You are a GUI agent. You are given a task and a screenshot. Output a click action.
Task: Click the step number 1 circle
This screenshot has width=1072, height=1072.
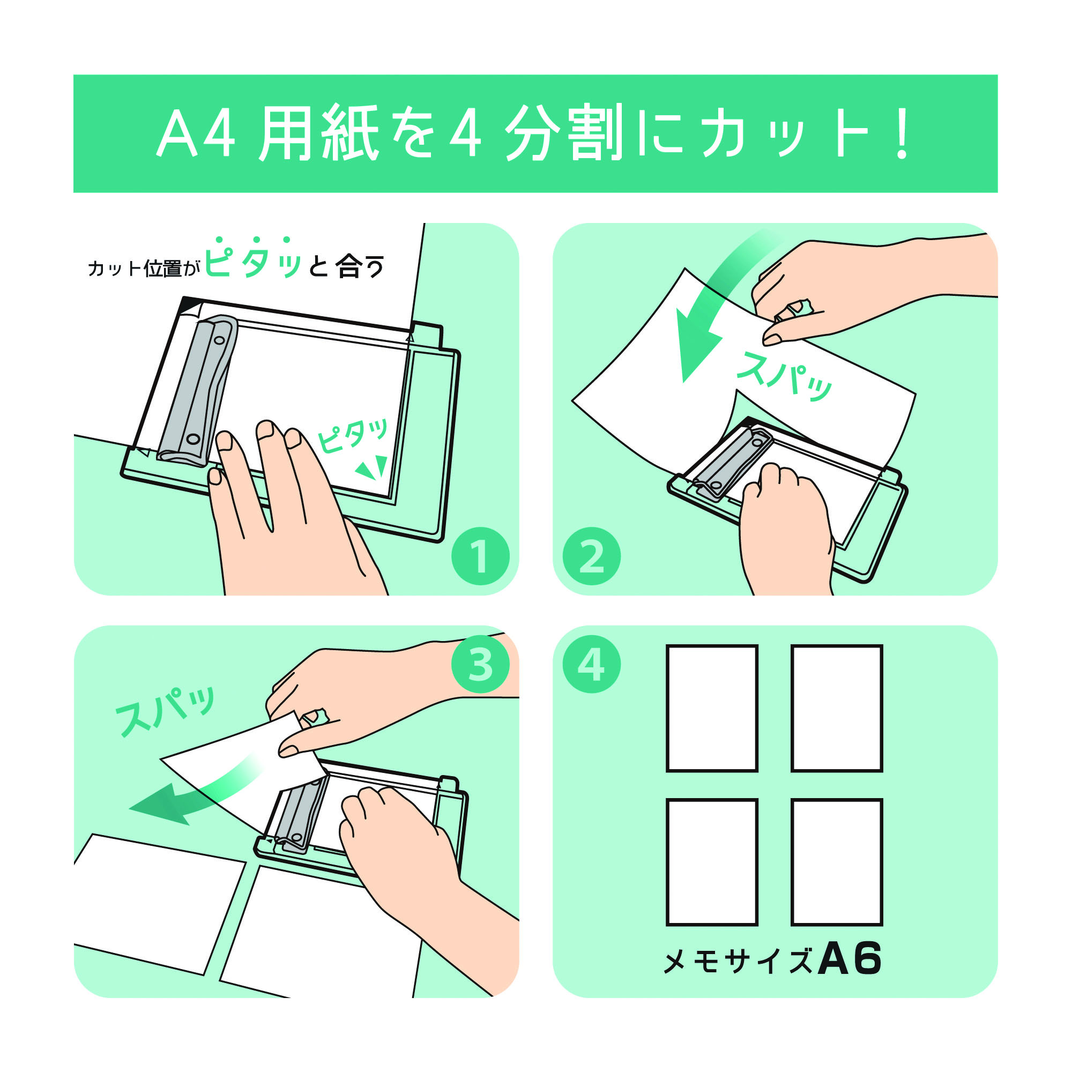tap(480, 556)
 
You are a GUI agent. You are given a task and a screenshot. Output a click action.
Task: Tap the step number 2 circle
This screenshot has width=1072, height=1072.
tap(592, 556)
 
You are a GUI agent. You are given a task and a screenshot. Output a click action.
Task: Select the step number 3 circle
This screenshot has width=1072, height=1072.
tap(480, 664)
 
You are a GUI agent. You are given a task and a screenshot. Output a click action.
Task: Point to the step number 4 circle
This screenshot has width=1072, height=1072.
tap(592, 664)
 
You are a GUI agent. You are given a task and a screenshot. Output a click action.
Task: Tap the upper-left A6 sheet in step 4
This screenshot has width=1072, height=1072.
tap(712, 708)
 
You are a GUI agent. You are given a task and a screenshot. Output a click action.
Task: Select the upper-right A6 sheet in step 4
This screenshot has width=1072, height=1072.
tap(837, 708)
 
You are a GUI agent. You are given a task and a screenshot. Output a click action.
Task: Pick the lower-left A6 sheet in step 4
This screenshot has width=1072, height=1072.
tap(712, 862)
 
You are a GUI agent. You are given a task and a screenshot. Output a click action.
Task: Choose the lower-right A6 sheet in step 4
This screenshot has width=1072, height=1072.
tap(837, 862)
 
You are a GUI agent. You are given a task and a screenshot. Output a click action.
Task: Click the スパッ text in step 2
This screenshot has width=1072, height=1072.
tap(784, 377)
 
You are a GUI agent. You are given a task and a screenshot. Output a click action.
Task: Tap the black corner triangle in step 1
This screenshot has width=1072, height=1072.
tap(190, 304)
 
